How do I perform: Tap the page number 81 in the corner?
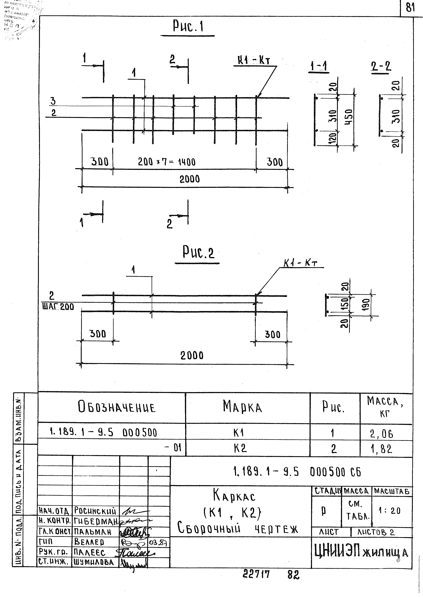click(x=411, y=8)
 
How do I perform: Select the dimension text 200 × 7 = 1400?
click(x=167, y=162)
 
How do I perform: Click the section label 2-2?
click(x=381, y=67)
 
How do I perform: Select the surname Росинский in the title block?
click(x=95, y=511)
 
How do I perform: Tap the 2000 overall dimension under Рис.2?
click(x=192, y=355)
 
